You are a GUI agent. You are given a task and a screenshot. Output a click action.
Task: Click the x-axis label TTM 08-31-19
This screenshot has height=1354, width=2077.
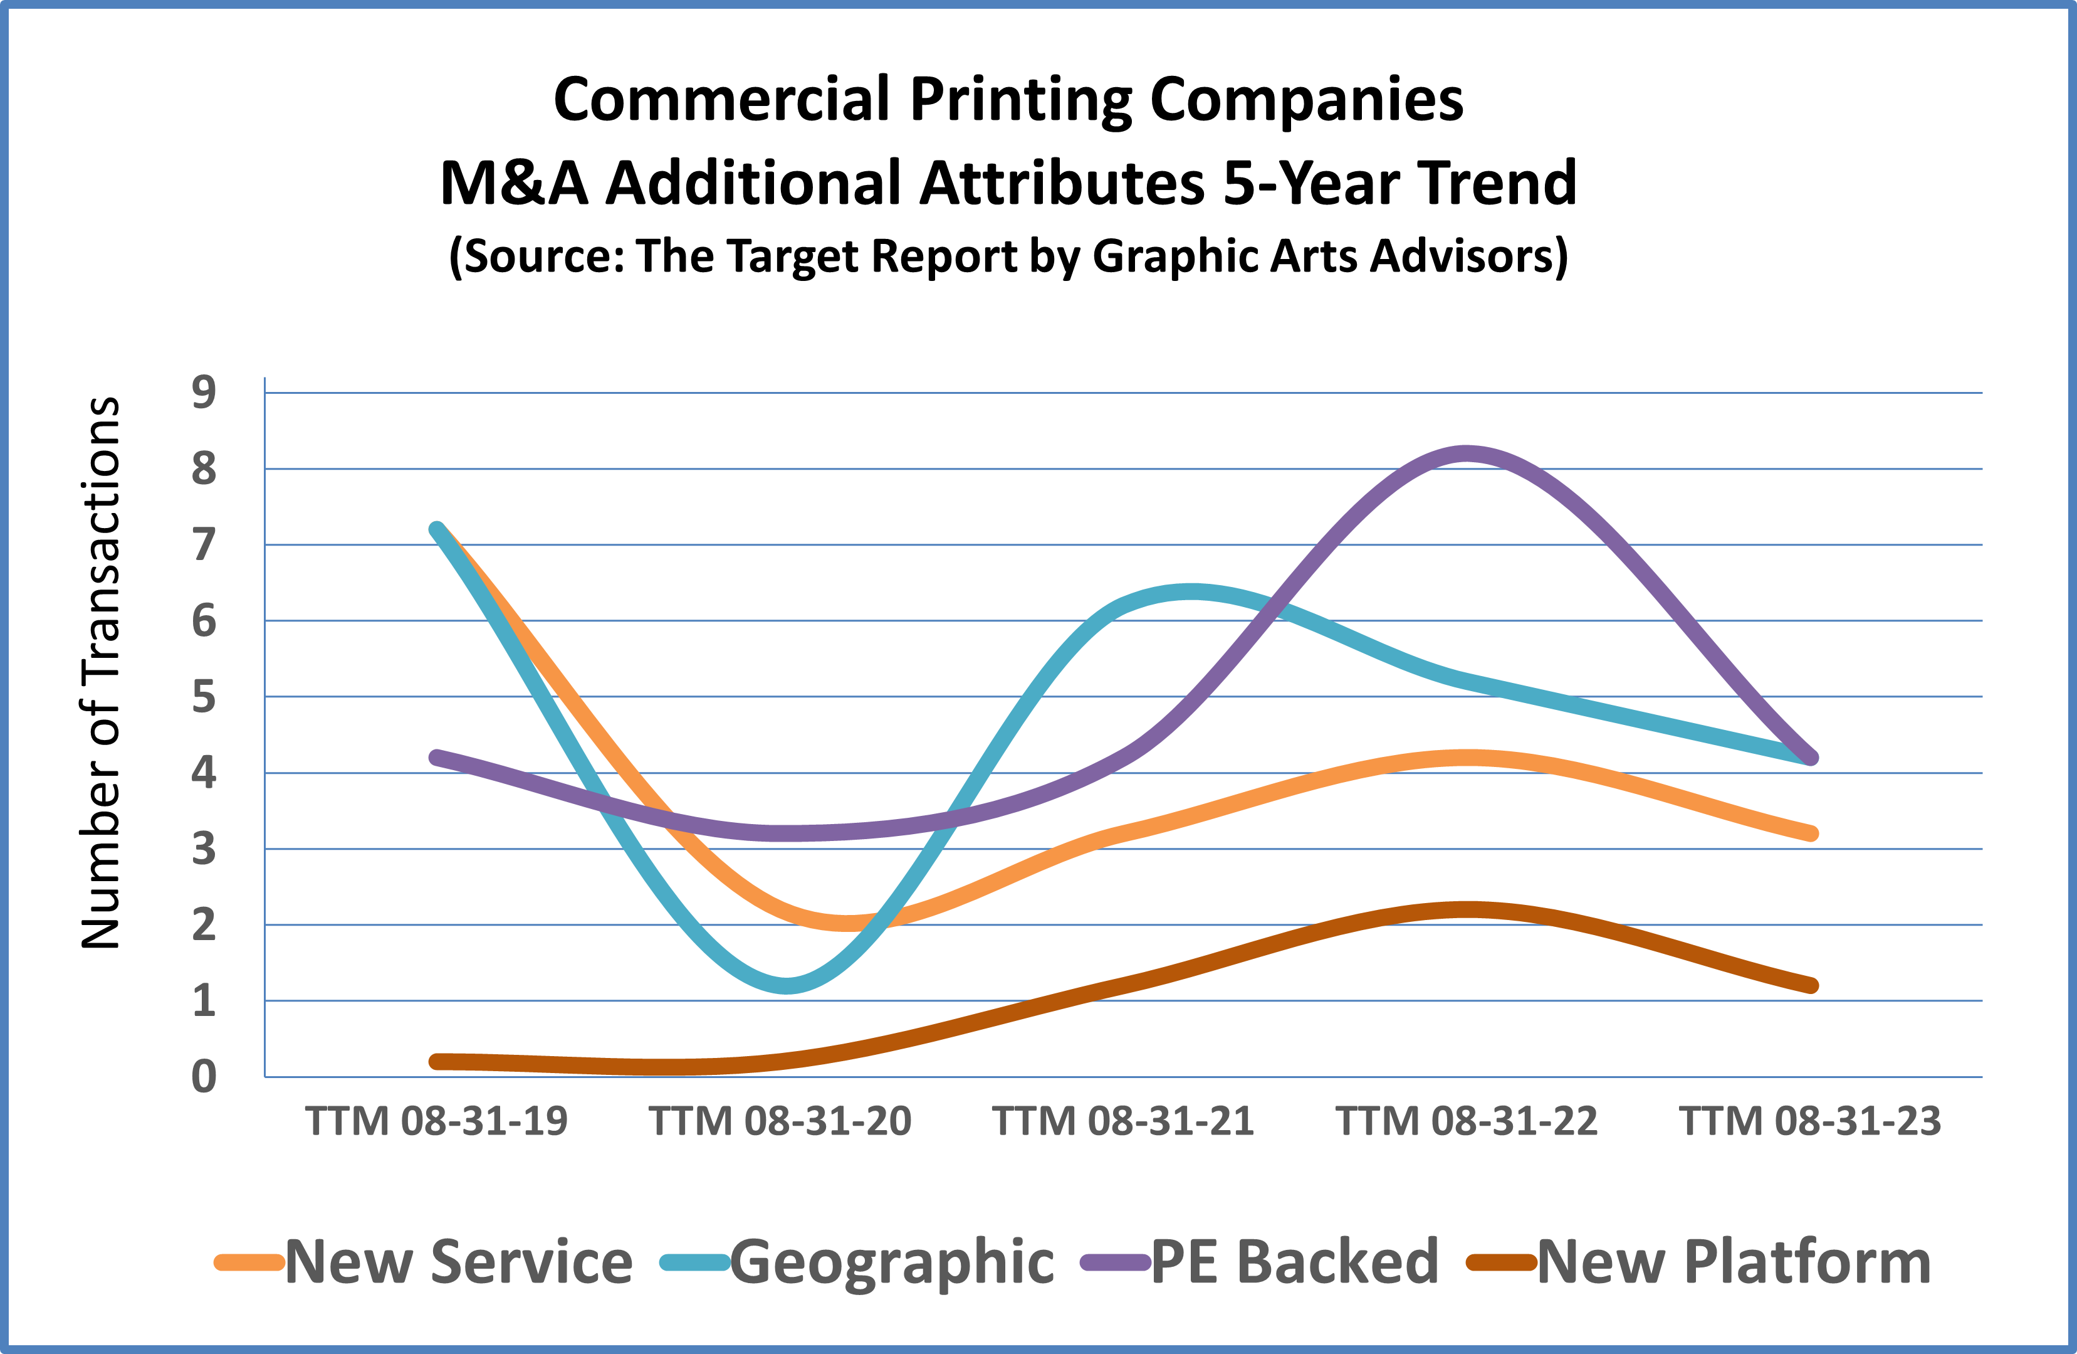tap(436, 1121)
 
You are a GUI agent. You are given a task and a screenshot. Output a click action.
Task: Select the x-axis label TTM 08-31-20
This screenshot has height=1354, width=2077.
tap(780, 1121)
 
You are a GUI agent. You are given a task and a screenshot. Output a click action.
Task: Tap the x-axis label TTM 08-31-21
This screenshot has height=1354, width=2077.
tap(1123, 1121)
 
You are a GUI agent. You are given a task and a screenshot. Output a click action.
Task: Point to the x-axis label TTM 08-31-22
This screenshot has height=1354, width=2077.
tap(1467, 1121)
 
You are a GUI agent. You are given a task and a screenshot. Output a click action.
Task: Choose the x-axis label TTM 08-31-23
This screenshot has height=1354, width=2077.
tap(1810, 1121)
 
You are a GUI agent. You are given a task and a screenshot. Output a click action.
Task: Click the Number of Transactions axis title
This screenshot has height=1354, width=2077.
tap(100, 672)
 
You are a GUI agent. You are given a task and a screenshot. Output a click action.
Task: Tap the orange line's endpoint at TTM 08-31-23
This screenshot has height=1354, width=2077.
tap(1810, 833)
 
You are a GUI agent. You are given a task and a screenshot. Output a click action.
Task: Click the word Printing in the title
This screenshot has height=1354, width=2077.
tap(1021, 100)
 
